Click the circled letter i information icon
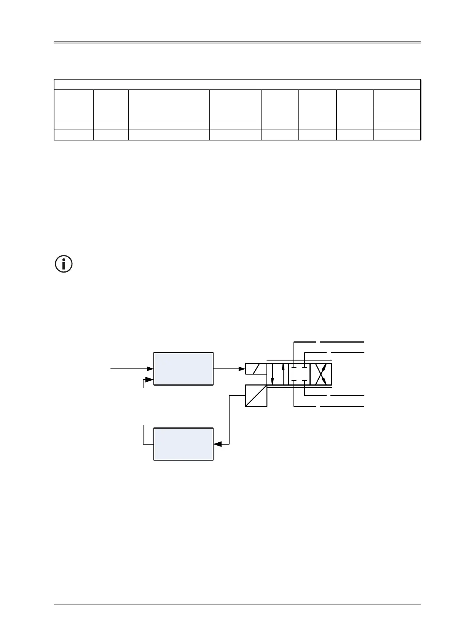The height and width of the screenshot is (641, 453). [x=64, y=264]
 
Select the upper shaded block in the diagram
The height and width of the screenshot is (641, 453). [x=183, y=368]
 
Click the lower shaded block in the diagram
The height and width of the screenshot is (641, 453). [x=183, y=444]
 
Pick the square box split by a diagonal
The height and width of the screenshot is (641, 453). [x=256, y=395]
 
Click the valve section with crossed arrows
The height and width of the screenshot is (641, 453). [x=321, y=374]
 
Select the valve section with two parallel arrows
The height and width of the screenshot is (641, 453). [x=278, y=374]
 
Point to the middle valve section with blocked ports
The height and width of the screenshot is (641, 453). [x=299, y=374]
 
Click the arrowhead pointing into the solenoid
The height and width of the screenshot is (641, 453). [x=242, y=368]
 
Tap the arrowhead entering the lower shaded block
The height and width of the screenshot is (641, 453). [x=217, y=444]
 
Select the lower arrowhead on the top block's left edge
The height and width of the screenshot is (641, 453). [x=150, y=379]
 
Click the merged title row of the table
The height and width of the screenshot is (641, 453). [x=237, y=85]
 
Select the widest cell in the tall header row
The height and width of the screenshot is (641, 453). [x=169, y=99]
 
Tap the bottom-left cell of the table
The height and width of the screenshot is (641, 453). [x=73, y=135]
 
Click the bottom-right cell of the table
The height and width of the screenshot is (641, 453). [x=397, y=135]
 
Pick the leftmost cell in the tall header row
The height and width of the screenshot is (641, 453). [x=73, y=99]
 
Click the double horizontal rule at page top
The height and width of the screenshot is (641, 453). [x=237, y=42]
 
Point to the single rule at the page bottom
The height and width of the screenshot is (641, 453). [x=237, y=604]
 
